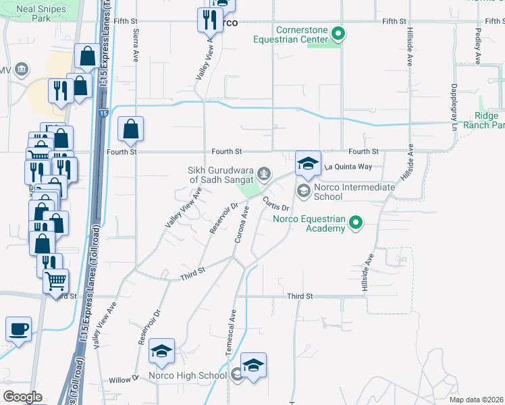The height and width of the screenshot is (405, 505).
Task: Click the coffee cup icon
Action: [x=18, y=329]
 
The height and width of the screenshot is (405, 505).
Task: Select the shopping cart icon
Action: [x=56, y=280]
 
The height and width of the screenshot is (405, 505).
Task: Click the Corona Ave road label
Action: [x=242, y=226]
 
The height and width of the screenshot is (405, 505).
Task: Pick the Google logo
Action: [x=22, y=397]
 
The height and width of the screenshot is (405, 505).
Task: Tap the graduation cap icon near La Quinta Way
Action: [x=308, y=164]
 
